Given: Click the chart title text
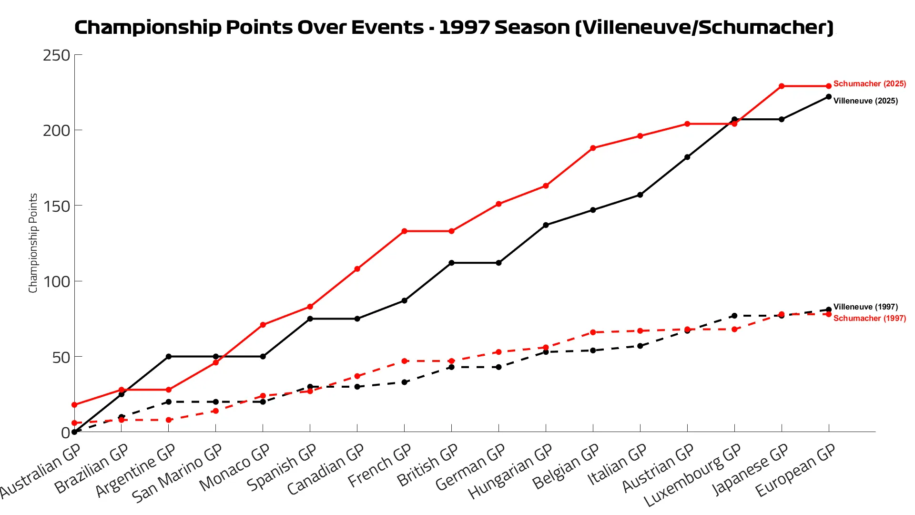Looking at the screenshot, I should tap(454, 27).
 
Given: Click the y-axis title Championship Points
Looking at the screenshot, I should tap(33, 243).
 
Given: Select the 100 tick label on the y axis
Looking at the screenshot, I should tap(57, 281).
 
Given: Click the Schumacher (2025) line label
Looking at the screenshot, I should tap(869, 84).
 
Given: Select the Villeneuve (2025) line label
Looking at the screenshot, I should tap(865, 101).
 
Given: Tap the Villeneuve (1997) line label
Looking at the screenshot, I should tap(865, 307).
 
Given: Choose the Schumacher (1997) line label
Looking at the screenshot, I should tap(869, 319).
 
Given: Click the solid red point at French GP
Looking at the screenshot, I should tap(404, 231).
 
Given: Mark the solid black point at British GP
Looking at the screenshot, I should tap(451, 263).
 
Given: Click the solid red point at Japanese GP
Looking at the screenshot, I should tap(782, 86).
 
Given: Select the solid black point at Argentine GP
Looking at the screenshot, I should tap(169, 357).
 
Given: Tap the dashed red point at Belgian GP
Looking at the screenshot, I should tap(593, 332).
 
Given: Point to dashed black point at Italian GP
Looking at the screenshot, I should tap(640, 346).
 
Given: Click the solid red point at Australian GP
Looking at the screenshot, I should tap(74, 405).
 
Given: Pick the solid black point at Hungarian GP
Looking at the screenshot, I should tap(546, 225).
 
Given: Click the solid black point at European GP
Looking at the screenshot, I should tap(829, 97).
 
